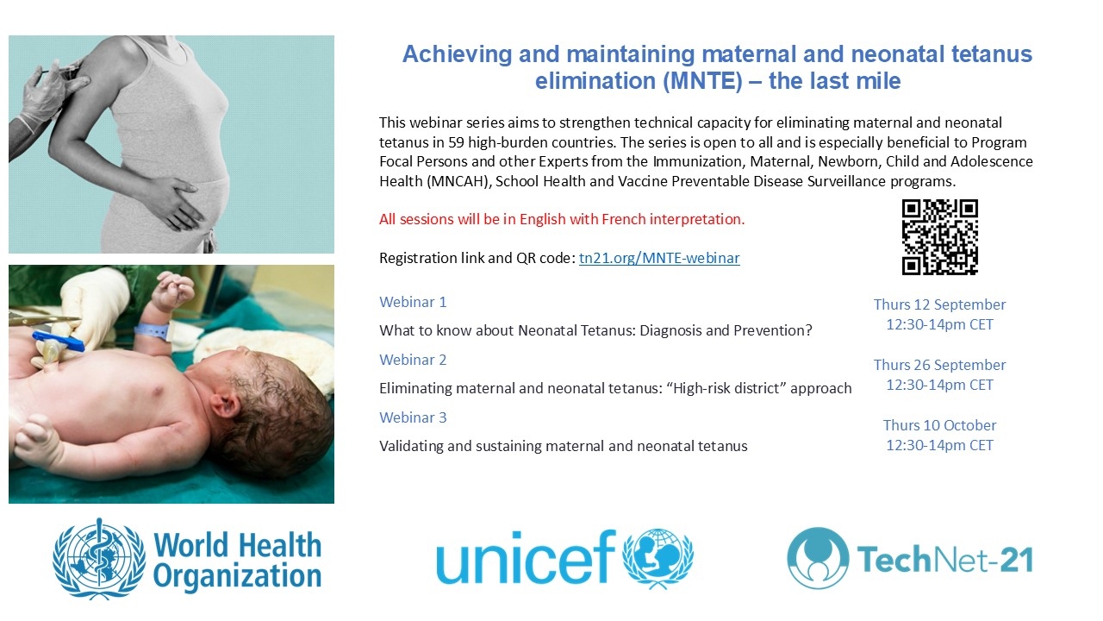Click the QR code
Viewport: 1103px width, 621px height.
939,236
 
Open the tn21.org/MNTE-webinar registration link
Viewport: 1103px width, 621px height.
659,258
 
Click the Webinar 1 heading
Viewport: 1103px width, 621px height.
413,302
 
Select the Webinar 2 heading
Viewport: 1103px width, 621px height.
413,360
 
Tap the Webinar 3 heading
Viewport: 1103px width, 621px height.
413,417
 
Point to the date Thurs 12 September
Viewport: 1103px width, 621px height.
939,304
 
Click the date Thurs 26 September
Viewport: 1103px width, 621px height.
939,365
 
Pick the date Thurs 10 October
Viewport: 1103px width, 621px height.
939,425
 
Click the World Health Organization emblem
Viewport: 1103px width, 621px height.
99,558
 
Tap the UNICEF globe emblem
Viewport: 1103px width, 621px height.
657,558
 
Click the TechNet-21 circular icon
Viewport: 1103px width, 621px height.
818,558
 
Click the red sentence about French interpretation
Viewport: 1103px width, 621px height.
562,219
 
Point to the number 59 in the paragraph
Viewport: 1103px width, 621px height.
456,142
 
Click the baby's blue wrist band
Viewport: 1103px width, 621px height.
153,331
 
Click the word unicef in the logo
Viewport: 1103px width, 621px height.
526,557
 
